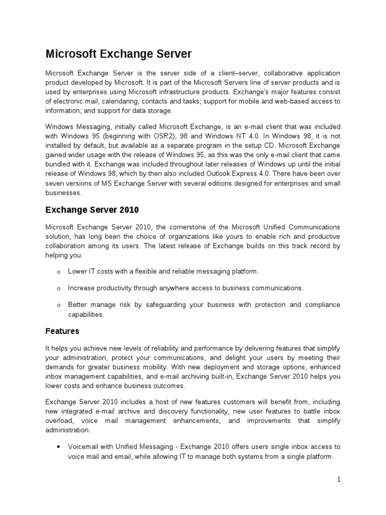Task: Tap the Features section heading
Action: (x=62, y=331)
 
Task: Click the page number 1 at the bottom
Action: (x=339, y=479)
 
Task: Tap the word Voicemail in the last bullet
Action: (x=83, y=447)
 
